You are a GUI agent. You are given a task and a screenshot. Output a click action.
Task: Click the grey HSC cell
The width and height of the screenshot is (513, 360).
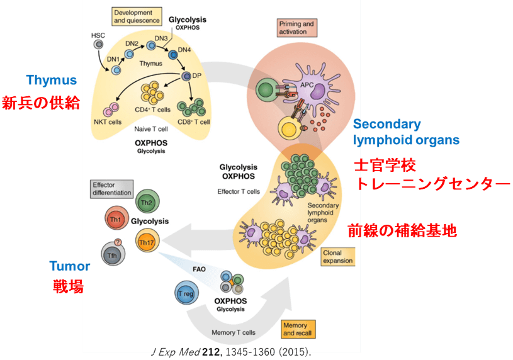pyautogui.click(x=98, y=45)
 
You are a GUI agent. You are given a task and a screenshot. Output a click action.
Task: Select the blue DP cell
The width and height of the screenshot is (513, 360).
pyautogui.click(x=186, y=76)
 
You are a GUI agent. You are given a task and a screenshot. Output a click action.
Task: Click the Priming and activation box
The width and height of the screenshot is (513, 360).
pyautogui.click(x=296, y=27)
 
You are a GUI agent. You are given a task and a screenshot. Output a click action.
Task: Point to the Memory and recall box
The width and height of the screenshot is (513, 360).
pyautogui.click(x=296, y=329)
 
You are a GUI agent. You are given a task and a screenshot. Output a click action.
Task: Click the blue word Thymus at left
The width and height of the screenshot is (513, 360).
pyautogui.click(x=52, y=81)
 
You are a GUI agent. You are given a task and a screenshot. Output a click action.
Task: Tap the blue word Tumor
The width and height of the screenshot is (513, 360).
pyautogui.click(x=70, y=266)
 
